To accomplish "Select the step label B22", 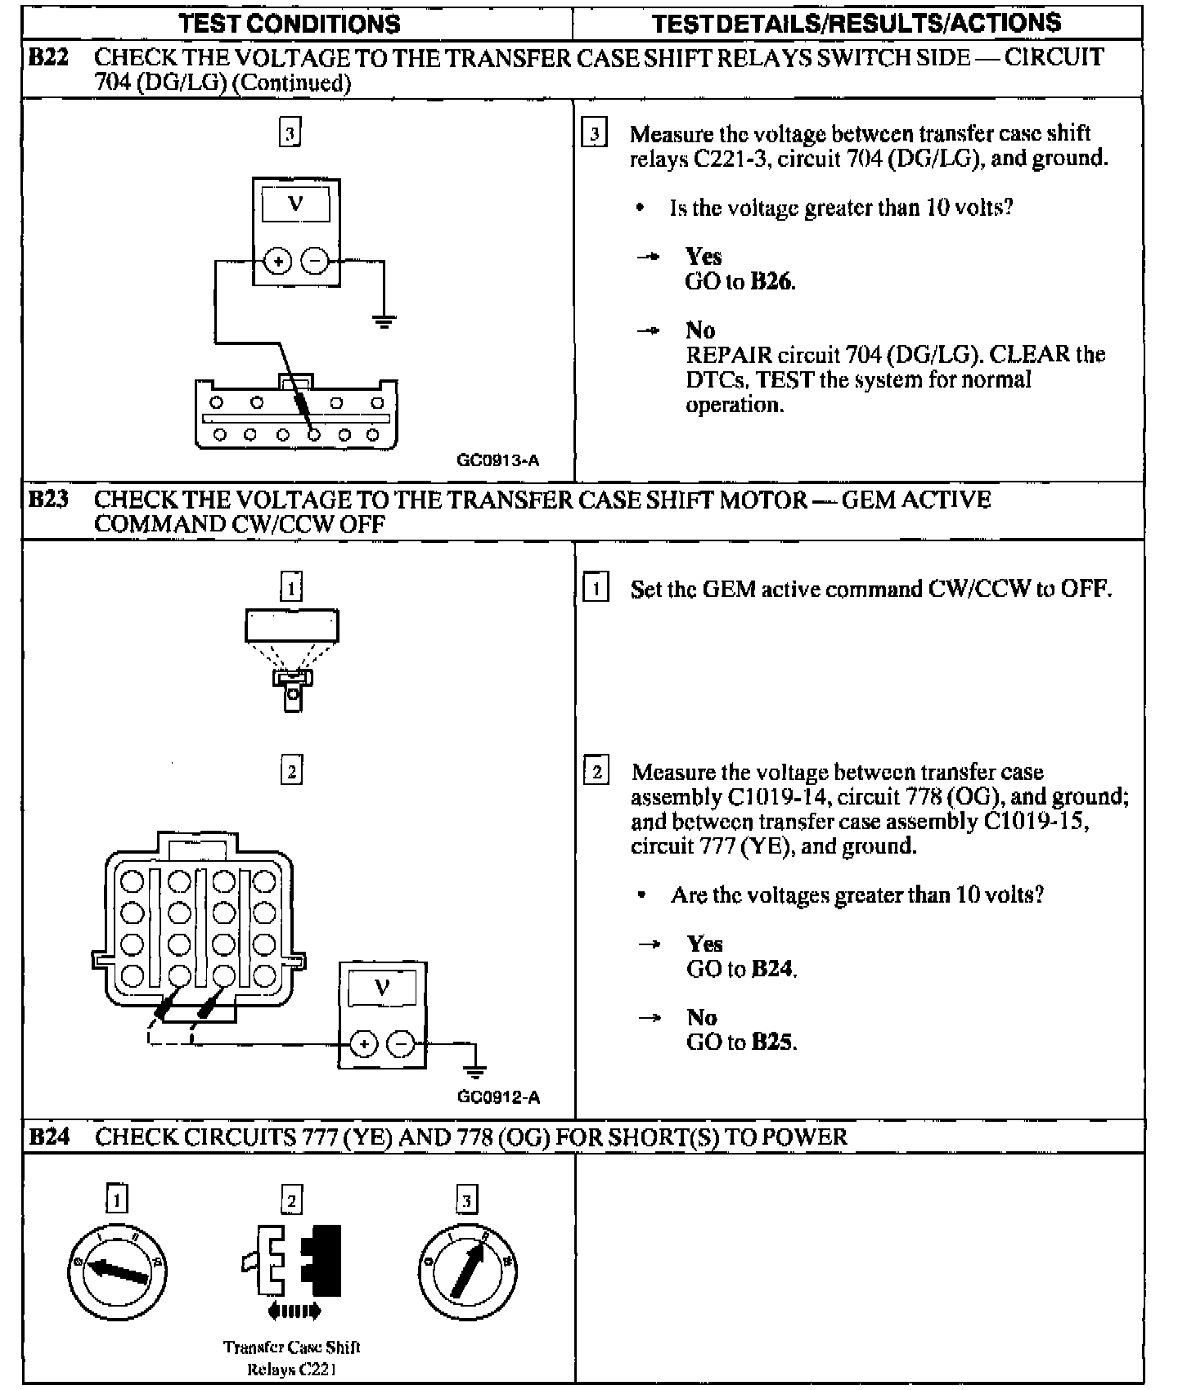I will [48, 58].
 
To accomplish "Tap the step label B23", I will [48, 500].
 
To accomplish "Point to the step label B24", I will [48, 1137].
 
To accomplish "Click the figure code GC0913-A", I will [497, 460].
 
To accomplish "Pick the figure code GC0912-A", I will [499, 1097].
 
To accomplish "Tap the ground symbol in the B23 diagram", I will [474, 1069].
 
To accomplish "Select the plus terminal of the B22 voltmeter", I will [278, 262].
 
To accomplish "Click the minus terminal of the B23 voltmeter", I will [400, 1044].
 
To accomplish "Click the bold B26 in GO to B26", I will [772, 282].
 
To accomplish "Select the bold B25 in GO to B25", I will [772, 1042].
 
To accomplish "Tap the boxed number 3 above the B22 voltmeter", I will [290, 132].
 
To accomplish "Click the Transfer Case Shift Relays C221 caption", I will [291, 1358].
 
